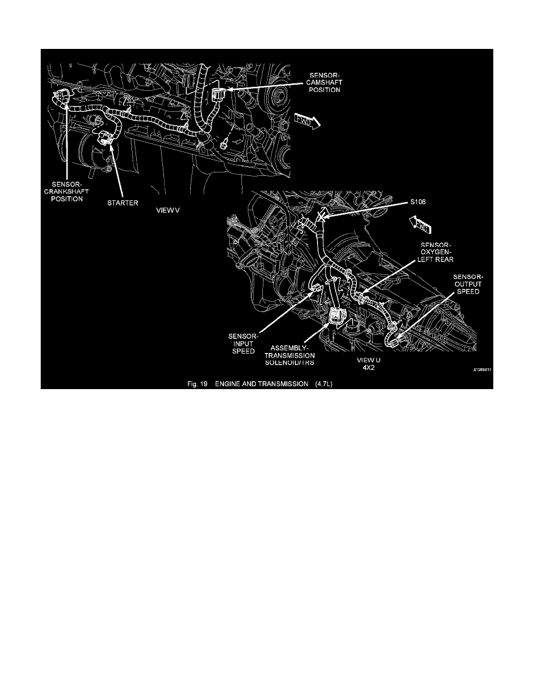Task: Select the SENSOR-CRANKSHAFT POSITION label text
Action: [x=67, y=190]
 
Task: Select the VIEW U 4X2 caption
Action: [x=368, y=363]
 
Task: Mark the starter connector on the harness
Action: [x=105, y=139]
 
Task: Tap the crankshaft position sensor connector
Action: [x=60, y=97]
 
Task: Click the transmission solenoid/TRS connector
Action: [x=336, y=318]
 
